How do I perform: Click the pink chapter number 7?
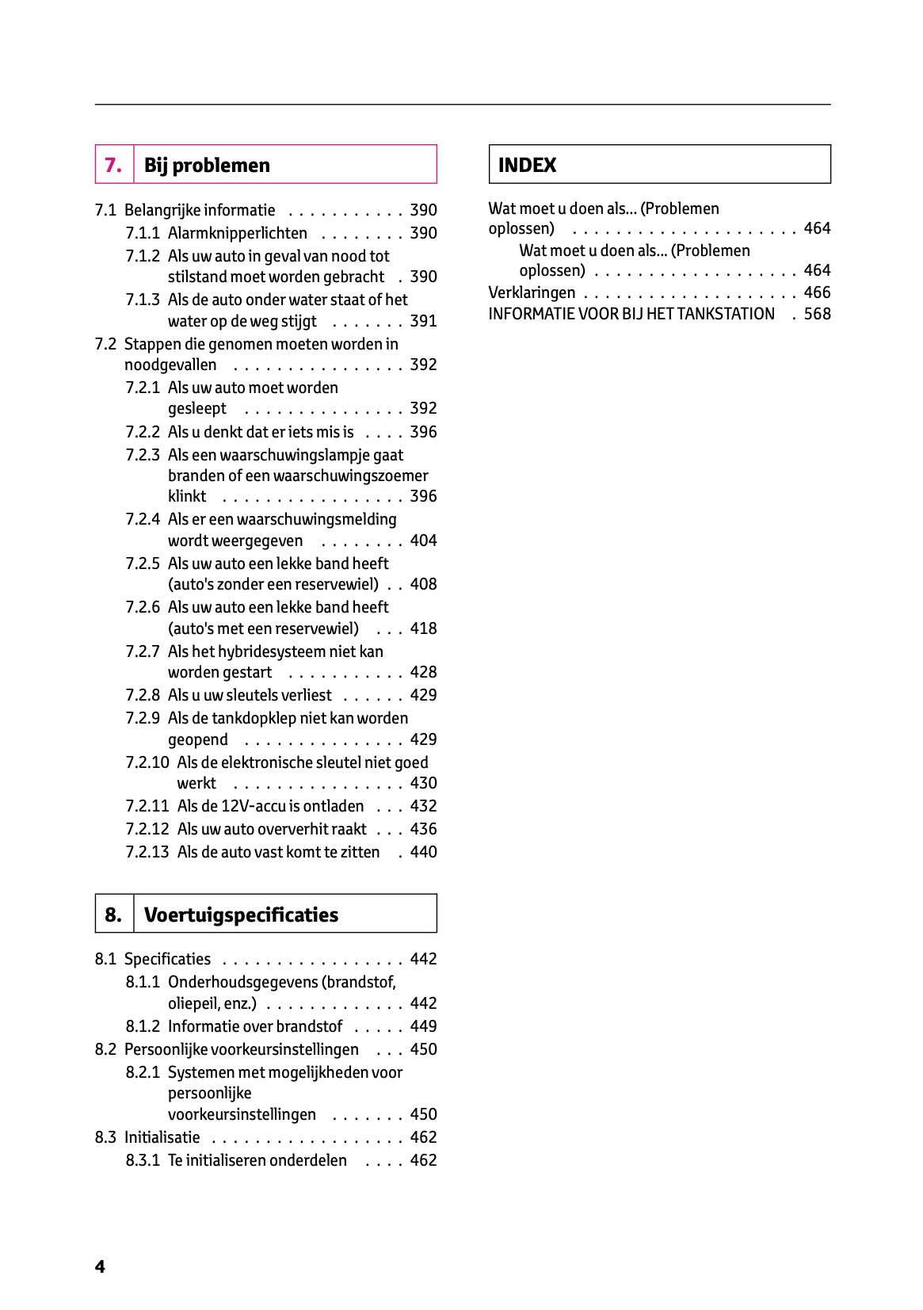coord(113,165)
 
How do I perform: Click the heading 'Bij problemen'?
coord(207,165)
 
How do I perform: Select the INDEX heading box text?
coord(527,165)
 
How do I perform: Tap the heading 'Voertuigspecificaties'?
coord(241,915)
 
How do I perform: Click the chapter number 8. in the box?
coord(113,915)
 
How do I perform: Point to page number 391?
coord(423,321)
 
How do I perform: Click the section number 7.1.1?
coord(143,233)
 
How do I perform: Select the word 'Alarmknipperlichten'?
coord(237,233)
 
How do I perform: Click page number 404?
coord(423,540)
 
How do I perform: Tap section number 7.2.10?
coord(147,762)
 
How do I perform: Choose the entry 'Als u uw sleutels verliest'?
coord(250,695)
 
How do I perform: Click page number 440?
coord(423,852)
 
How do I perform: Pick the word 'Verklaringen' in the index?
coord(532,292)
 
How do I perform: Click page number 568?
coord(817,314)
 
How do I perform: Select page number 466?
coord(817,292)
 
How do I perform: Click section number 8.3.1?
coord(143,1160)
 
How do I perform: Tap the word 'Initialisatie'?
coord(162,1137)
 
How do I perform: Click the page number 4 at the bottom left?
coord(100,1266)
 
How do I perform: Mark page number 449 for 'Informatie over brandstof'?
coord(423,1026)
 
